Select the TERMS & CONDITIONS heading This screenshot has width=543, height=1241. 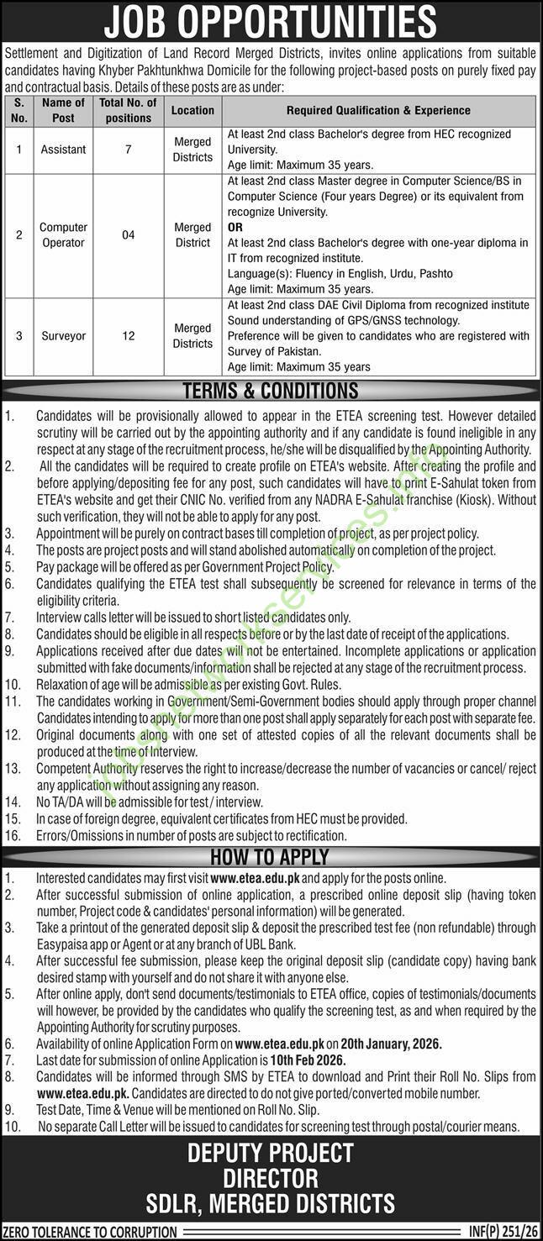[271, 391]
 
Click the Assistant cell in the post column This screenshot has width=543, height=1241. [64, 150]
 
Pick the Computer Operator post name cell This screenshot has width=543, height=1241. [64, 235]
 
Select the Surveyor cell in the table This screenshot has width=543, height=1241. [64, 336]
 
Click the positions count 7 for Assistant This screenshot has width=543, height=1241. [128, 150]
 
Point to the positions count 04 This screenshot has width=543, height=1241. [128, 235]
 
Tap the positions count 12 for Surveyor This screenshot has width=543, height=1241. [128, 336]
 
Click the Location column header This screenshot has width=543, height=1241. [192, 110]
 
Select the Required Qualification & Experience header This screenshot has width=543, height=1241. [378, 110]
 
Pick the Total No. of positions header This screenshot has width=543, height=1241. [128, 110]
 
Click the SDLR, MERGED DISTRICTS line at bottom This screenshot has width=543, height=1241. [271, 1202]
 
